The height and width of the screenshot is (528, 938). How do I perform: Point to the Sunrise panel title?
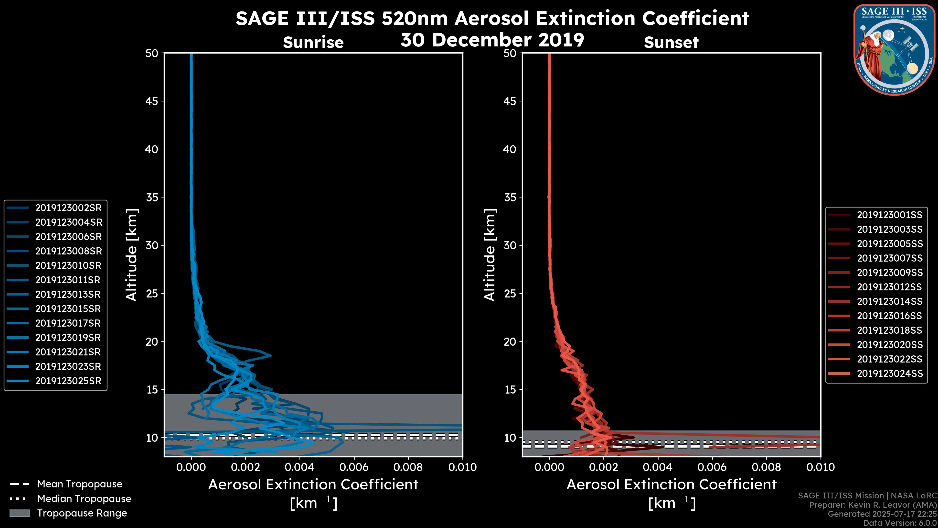click(x=313, y=43)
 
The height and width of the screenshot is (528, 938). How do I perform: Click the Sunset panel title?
click(x=671, y=43)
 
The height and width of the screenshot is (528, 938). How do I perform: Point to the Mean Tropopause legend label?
click(x=80, y=484)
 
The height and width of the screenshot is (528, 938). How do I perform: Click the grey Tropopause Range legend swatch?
click(x=19, y=513)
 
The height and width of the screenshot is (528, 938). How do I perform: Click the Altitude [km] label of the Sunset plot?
click(x=490, y=255)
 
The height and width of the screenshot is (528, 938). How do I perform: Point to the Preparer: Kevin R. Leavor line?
click(x=873, y=505)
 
